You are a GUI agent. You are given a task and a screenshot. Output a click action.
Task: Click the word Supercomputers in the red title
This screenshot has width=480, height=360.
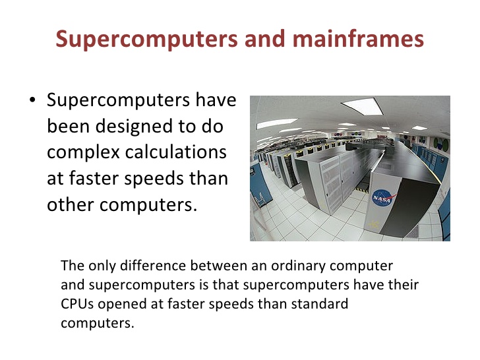pyautogui.click(x=146, y=39)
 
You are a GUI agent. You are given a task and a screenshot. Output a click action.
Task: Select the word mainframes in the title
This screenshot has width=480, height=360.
pyautogui.click(x=358, y=38)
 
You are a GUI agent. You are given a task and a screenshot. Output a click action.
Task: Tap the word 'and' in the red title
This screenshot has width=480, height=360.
pyautogui.click(x=265, y=39)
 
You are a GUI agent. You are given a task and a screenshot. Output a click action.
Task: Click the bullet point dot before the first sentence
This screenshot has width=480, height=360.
pyautogui.click(x=32, y=100)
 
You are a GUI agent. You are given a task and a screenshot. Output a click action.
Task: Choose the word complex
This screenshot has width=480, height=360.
pyautogui.click(x=83, y=153)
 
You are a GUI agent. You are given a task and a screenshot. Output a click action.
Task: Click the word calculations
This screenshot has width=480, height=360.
pyautogui.click(x=175, y=152)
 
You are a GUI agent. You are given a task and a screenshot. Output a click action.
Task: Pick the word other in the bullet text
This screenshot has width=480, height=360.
pyautogui.click(x=70, y=204)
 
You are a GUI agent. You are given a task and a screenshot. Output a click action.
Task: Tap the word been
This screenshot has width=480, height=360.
pyautogui.click(x=69, y=126)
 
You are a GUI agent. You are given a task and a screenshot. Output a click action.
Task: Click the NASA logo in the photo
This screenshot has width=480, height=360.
pyautogui.click(x=382, y=198)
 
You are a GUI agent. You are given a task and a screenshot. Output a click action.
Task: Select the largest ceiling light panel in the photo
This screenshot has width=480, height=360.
pyautogui.click(x=363, y=106)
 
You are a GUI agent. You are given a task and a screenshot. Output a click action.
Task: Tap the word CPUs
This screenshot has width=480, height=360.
pyautogui.click(x=77, y=304)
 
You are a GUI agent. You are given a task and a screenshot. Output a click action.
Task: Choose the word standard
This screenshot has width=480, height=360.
pyautogui.click(x=320, y=304)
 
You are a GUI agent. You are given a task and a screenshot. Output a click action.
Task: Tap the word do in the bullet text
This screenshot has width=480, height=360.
pyautogui.click(x=212, y=126)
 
